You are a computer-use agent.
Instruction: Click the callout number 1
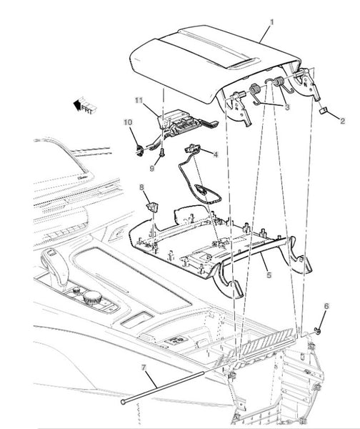[x=271, y=22]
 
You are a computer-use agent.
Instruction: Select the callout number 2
[x=342, y=121]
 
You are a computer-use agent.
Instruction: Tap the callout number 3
[x=286, y=107]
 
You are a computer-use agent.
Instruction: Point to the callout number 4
[x=216, y=154]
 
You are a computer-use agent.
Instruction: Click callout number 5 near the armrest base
[x=269, y=275]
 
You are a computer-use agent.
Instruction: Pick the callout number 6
[x=326, y=306]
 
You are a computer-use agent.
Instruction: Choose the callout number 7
[x=144, y=368]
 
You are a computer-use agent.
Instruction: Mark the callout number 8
[x=141, y=187]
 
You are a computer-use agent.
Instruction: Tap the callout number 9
[x=152, y=169]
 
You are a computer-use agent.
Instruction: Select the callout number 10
[x=128, y=122]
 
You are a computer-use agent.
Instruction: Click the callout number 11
[x=139, y=100]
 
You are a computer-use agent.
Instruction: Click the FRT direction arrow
[x=85, y=105]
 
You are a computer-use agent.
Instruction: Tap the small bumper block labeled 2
[x=323, y=110]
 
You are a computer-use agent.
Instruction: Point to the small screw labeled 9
[x=162, y=152]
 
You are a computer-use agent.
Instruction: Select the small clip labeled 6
[x=317, y=330]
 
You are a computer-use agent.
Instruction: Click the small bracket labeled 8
[x=152, y=207]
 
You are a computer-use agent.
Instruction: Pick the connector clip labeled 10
[x=140, y=150]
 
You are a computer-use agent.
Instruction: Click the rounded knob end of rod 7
[x=124, y=402]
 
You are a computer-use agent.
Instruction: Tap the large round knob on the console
[x=92, y=297]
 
